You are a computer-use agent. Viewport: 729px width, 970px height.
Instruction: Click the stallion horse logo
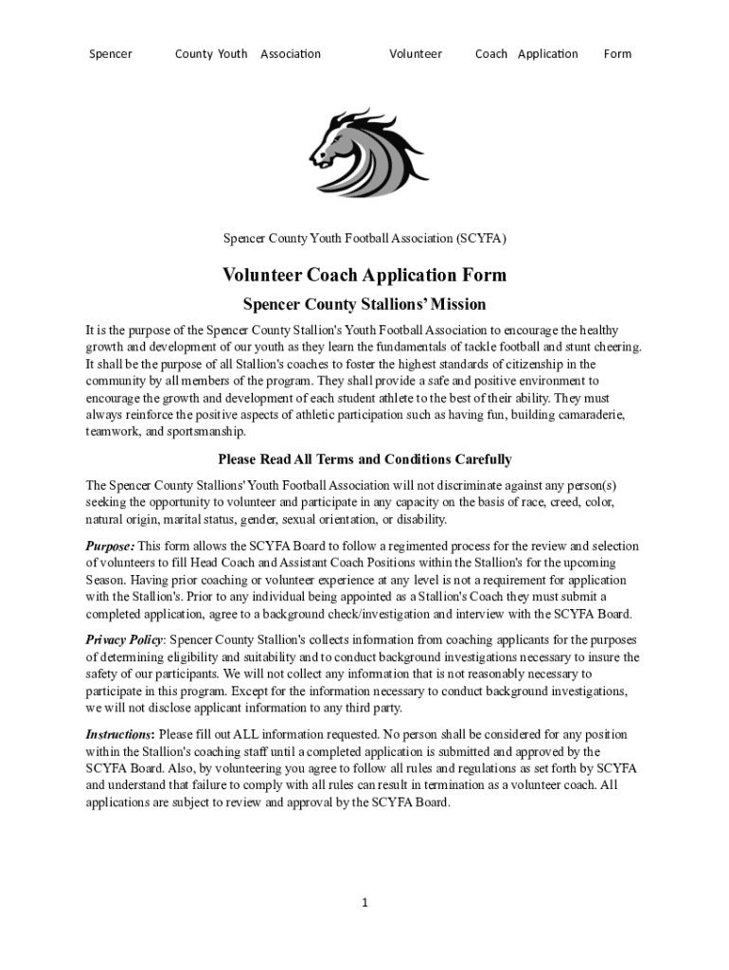tap(368, 152)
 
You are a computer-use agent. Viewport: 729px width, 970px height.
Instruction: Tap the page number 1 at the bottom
tap(364, 903)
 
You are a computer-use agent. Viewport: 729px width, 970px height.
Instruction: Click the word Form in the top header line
tap(617, 54)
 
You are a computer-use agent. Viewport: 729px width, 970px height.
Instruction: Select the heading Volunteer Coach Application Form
tap(364, 276)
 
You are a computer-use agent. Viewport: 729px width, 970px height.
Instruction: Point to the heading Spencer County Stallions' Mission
tap(364, 305)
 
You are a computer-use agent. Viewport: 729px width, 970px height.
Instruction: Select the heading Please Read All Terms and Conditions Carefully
tap(364, 459)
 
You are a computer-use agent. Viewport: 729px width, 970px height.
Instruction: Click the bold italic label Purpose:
tap(110, 547)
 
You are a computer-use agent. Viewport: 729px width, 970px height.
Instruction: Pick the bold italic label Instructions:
tap(120, 734)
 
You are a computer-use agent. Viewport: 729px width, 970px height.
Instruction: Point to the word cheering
tap(615, 347)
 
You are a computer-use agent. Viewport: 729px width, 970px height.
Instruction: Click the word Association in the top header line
tap(291, 54)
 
